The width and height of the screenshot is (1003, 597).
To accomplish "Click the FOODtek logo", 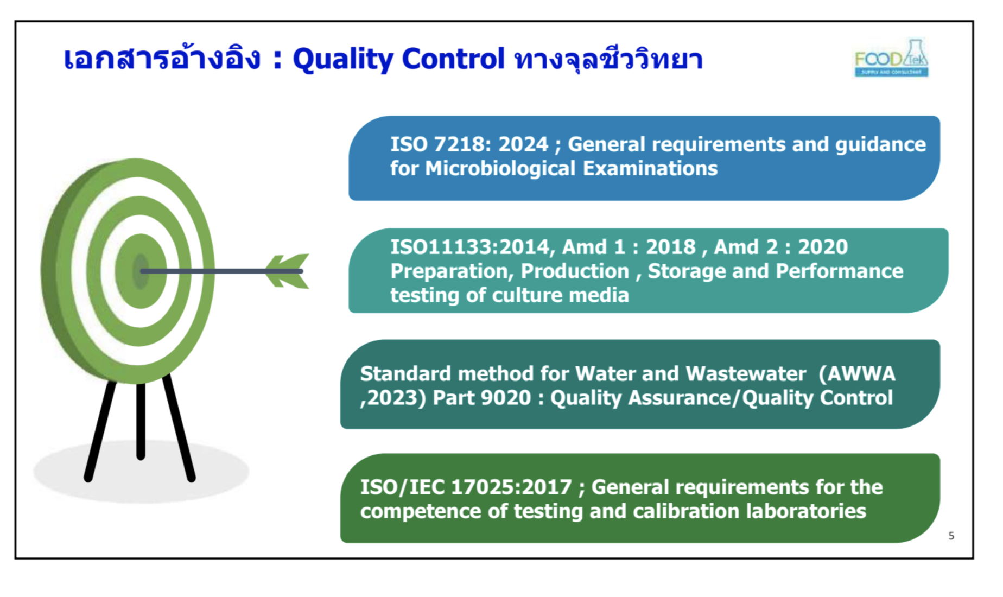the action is (891, 58).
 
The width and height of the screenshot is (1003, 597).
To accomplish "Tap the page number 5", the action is (951, 536).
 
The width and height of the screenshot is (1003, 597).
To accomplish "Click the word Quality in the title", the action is (342, 59).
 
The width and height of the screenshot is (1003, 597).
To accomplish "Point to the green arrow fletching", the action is (288, 271).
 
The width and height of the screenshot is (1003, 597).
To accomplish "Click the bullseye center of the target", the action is (141, 271).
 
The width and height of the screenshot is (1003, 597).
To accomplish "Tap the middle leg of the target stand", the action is (141, 421).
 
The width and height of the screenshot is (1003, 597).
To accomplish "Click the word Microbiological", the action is (500, 169).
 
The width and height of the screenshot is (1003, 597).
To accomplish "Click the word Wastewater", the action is (746, 374).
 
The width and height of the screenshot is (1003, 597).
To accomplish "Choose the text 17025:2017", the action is (511, 487).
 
